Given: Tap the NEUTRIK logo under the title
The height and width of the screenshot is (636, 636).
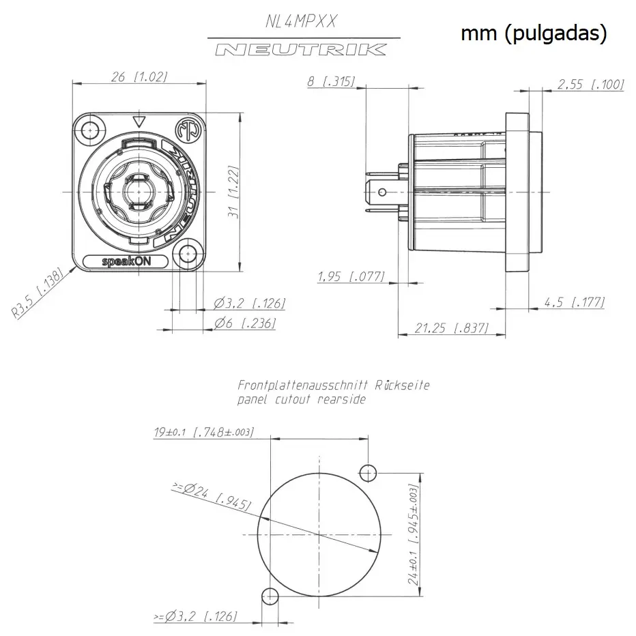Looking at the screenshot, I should [300, 49].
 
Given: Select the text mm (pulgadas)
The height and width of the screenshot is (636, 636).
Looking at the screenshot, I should [534, 33].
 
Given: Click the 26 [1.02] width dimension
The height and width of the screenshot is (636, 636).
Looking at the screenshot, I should [139, 77].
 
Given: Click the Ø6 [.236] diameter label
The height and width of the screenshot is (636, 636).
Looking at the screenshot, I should [244, 323].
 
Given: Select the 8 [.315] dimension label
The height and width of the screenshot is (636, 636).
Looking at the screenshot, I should [331, 82].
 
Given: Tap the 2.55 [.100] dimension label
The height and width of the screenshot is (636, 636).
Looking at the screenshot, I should [590, 84].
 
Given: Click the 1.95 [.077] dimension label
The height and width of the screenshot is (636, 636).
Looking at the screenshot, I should [351, 276].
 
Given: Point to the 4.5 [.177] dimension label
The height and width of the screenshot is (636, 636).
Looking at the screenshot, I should [574, 302].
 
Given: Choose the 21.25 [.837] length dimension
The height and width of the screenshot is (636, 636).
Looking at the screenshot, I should [451, 328].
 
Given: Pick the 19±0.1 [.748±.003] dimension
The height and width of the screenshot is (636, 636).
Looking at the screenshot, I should [204, 432].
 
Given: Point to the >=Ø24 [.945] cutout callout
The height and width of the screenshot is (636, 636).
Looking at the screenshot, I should [212, 497].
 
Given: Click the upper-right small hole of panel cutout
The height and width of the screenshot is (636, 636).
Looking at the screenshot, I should [368, 472].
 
